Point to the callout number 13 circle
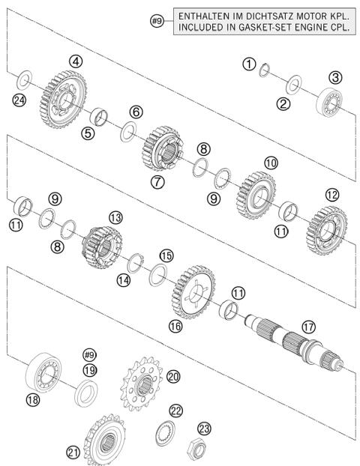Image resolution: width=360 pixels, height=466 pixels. pos(115,217)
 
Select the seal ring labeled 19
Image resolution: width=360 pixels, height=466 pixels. pos(89,390)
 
